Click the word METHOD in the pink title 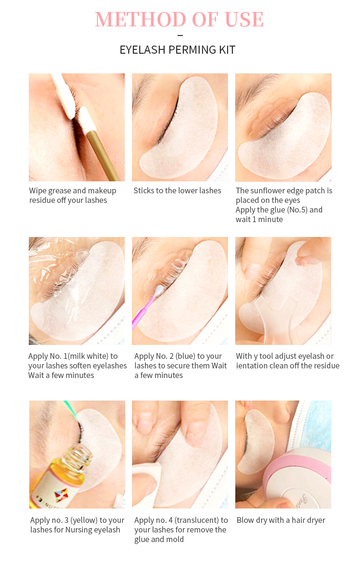point(141,19)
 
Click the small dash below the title point(180,35)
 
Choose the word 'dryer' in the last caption point(315,520)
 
